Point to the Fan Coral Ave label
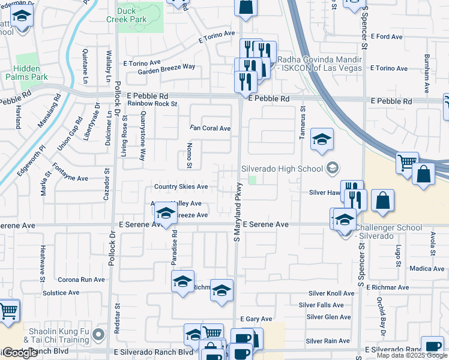210,128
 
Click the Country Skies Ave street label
181,187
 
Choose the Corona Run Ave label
81,280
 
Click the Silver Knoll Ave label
331,293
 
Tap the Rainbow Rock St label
152,104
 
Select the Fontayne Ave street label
70,178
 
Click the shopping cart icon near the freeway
406,162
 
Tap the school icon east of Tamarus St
322,140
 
